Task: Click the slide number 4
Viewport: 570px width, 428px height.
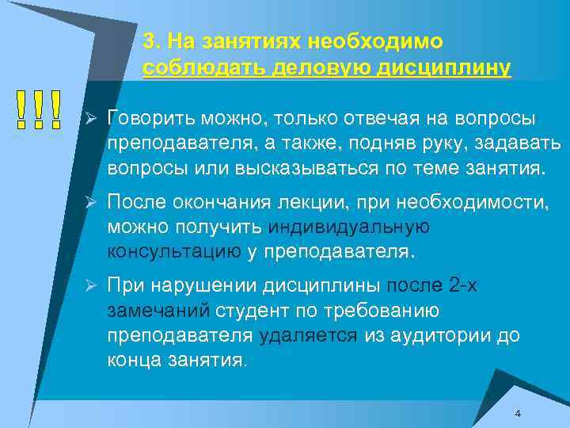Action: tap(517, 414)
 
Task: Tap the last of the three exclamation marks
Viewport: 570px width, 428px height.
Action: tap(56, 110)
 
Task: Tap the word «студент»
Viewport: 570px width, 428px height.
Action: tap(253, 310)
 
